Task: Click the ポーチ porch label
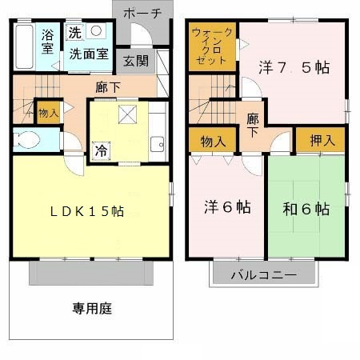point(142,14)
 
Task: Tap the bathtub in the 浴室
point(24,46)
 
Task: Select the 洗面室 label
point(89,54)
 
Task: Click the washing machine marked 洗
point(75,33)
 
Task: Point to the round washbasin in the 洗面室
point(96,30)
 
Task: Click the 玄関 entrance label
point(135,61)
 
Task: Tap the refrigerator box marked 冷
point(102,151)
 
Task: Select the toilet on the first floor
point(26,140)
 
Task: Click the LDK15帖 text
point(87,211)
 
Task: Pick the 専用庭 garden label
point(92,308)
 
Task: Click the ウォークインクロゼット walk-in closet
point(212,47)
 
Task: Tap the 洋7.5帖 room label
point(294,67)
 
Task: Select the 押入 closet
point(321,140)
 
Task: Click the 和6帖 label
point(306,209)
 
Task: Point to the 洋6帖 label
point(227,207)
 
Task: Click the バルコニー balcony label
point(264,274)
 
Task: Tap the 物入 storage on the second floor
point(213,140)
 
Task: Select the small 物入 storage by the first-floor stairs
point(49,113)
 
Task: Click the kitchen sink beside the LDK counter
point(157,144)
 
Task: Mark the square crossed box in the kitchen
point(127,114)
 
